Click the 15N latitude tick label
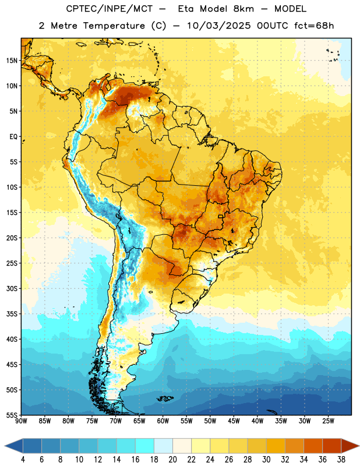tap(12, 61)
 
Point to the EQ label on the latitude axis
tap(13, 137)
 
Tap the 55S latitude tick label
tap(12, 415)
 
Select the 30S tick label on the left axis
tap(12, 288)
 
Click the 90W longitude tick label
tap(21, 421)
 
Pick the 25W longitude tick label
tap(328, 421)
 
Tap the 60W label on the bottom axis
tap(163, 421)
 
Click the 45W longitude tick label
tap(234, 421)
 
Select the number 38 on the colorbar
tap(341, 460)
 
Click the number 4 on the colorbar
tap(23, 460)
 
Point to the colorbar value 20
tap(172, 460)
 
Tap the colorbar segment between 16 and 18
tap(145, 446)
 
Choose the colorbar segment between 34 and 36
tap(313, 446)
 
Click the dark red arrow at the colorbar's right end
tap(350, 446)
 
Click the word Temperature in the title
tap(114, 26)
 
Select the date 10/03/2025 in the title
tap(219, 26)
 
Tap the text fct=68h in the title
tap(314, 26)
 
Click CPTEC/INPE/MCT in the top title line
tap(109, 9)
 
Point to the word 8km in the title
tap(243, 9)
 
